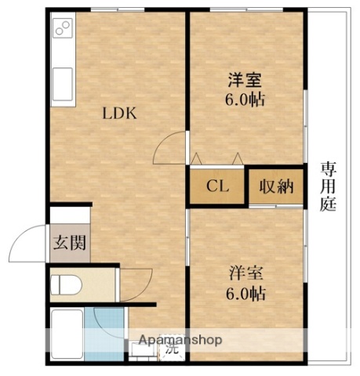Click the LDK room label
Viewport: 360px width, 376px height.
120,112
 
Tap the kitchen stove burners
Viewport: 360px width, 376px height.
62,32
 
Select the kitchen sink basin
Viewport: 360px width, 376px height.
61,81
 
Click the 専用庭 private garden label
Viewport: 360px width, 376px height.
327,186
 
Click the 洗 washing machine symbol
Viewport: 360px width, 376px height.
169,350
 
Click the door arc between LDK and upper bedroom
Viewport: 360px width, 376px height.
167,146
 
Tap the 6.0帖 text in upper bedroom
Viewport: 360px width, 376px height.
245,100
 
